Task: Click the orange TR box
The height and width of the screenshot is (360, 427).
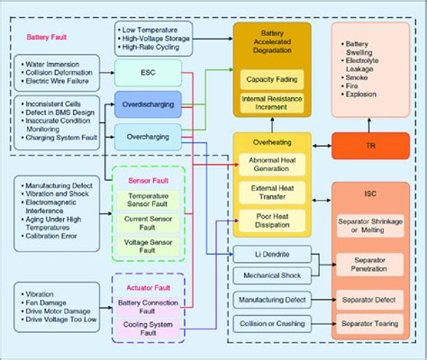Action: point(369,145)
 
